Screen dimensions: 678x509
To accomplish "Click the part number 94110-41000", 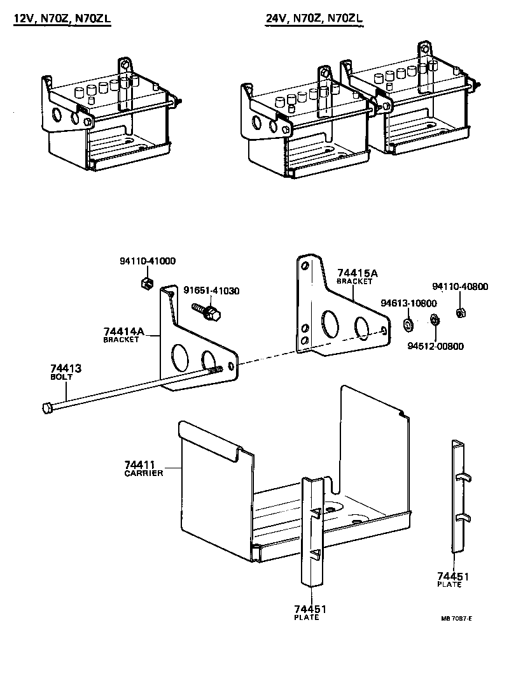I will click(x=148, y=261).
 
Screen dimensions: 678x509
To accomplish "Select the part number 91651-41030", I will click(x=211, y=291).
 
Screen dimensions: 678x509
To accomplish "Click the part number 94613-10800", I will click(x=409, y=303).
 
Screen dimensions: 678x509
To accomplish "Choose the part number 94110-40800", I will click(x=460, y=287).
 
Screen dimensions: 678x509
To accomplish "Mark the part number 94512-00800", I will click(x=436, y=347).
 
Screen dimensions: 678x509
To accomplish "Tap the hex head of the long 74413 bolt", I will click(x=46, y=407).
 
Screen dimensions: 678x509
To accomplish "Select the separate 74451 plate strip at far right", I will click(x=459, y=497).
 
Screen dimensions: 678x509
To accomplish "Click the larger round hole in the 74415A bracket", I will click(x=330, y=324).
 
